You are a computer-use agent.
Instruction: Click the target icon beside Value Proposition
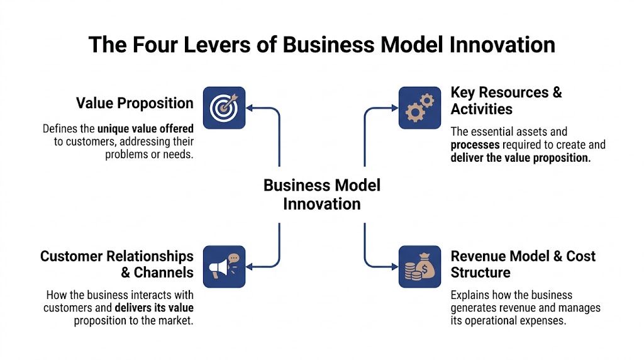click(x=224, y=108)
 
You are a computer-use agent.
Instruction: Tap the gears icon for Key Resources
click(x=419, y=108)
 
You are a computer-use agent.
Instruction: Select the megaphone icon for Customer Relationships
click(x=224, y=266)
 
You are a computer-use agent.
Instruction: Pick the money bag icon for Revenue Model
click(x=419, y=266)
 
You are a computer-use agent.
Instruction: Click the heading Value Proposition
click(x=135, y=103)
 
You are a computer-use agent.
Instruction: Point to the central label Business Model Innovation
click(x=322, y=194)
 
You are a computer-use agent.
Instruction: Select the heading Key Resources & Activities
click(x=506, y=101)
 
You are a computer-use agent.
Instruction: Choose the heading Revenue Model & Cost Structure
click(x=523, y=264)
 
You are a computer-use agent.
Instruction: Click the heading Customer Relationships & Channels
click(x=117, y=264)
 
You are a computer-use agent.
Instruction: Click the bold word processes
click(x=475, y=145)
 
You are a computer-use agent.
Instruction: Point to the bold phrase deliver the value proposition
click(x=521, y=157)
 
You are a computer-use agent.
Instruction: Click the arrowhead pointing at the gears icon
click(x=394, y=108)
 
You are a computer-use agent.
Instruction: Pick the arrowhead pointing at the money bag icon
click(x=394, y=267)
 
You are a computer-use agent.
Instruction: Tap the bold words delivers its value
click(x=154, y=308)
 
